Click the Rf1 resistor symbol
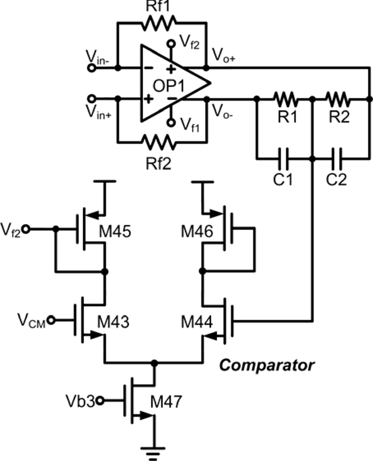pos(159,22)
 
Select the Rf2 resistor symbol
pos(159,142)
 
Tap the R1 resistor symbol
pos(285,99)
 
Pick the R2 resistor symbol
pos(338,99)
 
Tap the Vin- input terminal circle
pos(92,68)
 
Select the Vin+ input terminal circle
pos(92,99)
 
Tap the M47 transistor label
pos(166,404)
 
